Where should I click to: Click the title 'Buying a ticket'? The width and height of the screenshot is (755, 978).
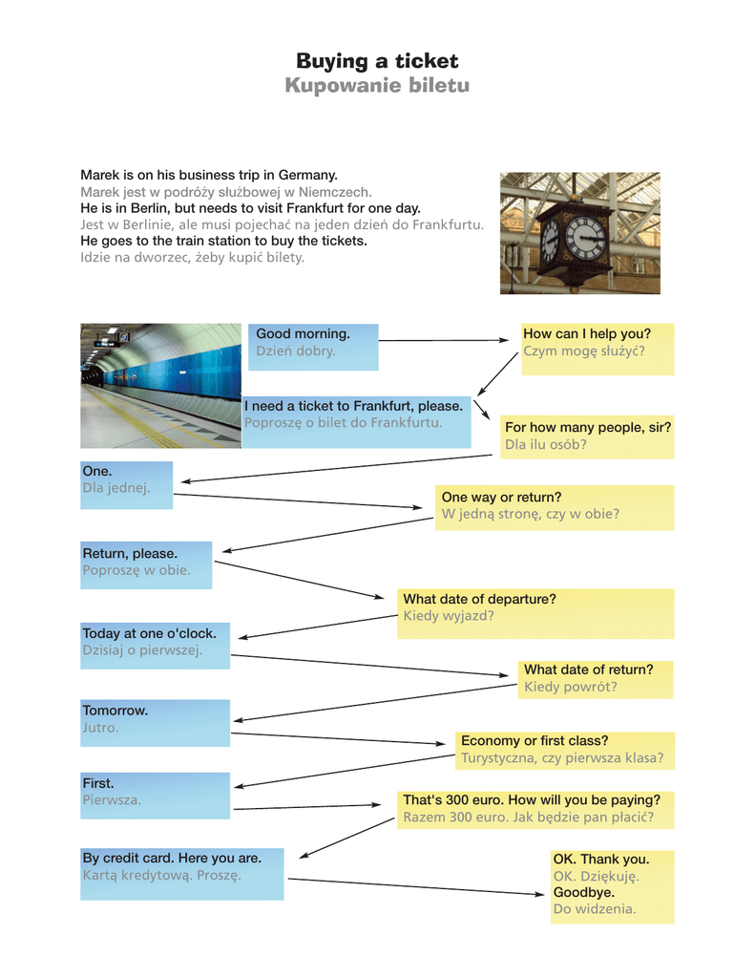coord(377,61)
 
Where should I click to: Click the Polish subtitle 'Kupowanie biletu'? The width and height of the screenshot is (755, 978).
coord(377,86)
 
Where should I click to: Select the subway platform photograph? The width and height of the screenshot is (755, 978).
coord(160,385)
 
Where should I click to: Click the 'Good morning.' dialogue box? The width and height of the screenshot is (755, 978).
coord(303,334)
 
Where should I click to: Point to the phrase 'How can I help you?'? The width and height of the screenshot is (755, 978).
coord(586,334)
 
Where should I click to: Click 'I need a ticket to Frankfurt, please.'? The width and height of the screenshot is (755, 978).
coord(353,406)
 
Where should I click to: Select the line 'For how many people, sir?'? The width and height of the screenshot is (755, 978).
coord(587,427)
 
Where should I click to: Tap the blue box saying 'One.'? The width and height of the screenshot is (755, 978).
coord(97,471)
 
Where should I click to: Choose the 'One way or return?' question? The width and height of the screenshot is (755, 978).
coord(501,497)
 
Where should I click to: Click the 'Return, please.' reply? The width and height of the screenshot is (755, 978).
coord(130,553)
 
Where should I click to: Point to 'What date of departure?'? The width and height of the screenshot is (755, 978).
coord(479,599)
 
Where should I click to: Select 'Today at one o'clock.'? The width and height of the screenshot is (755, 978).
coord(149,633)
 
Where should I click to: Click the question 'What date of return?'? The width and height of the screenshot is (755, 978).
coord(588,670)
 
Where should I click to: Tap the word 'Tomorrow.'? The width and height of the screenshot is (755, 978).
coord(115,711)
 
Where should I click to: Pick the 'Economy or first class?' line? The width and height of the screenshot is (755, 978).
coord(534,741)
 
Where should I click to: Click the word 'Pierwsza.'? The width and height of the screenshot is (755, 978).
coord(112,800)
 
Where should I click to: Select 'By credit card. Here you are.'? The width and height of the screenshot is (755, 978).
coord(172,858)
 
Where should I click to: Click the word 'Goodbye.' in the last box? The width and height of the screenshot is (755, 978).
coord(583,892)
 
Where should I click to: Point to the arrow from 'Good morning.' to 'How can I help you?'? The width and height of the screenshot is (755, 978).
coord(449,339)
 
